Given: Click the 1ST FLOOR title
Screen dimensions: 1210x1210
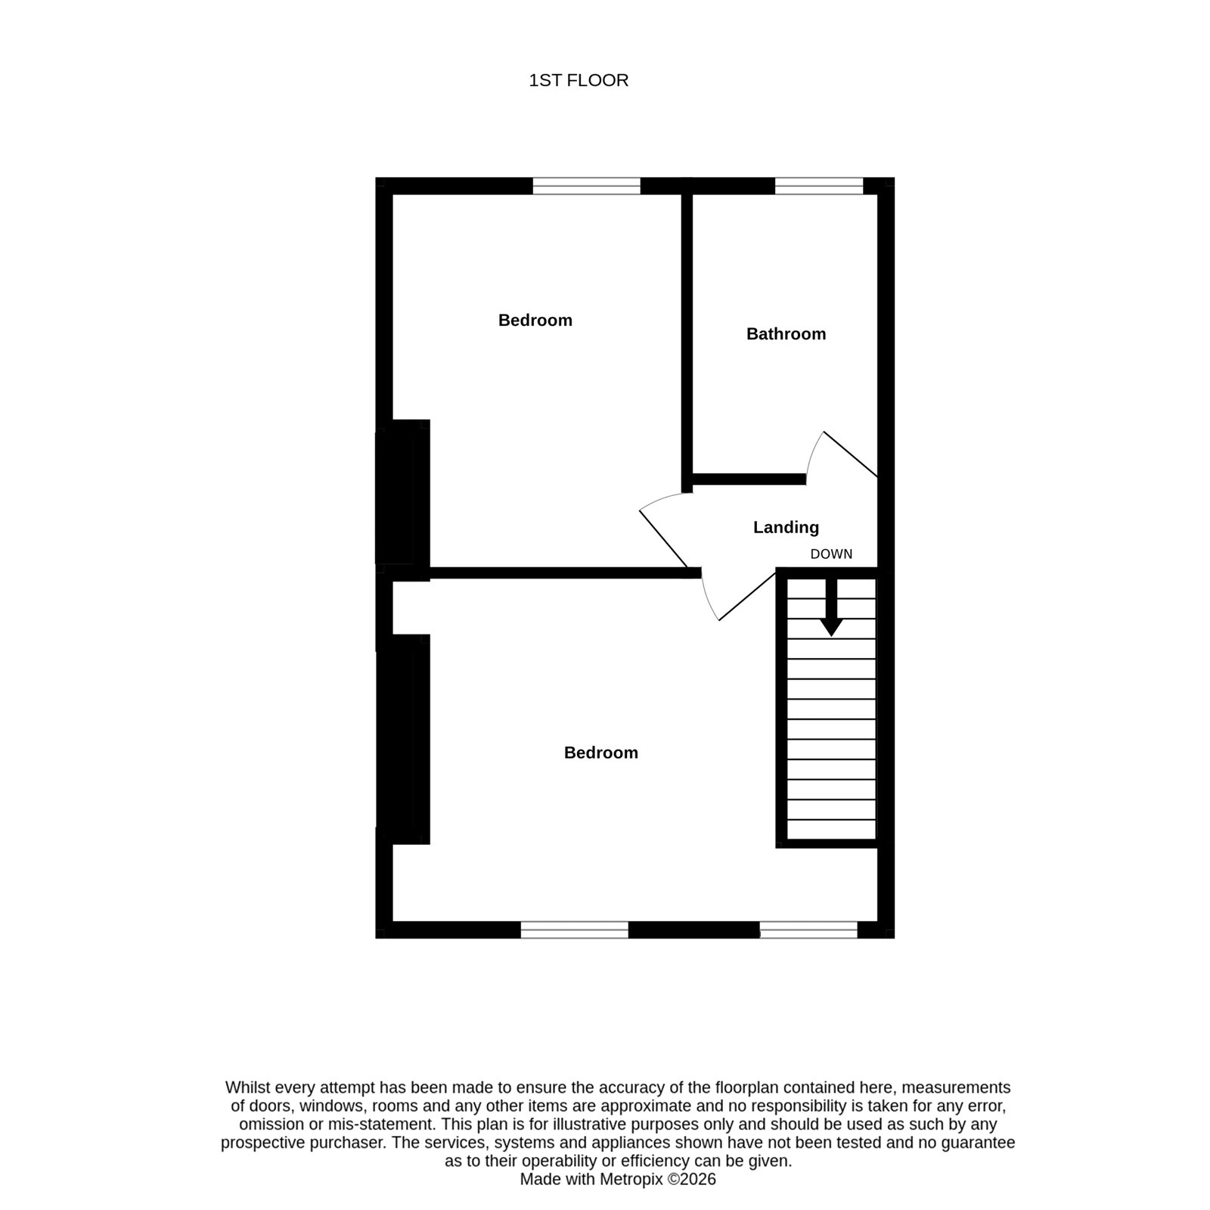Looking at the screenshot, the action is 579,80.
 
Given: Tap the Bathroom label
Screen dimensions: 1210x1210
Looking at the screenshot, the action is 786,334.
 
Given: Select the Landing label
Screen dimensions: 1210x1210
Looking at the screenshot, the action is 786,527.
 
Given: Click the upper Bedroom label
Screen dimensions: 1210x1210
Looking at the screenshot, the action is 535,320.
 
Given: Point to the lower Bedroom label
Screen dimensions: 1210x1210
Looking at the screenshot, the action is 601,752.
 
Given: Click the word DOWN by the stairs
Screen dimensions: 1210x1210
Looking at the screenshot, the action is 831,554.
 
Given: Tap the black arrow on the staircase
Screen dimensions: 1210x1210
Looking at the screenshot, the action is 832,607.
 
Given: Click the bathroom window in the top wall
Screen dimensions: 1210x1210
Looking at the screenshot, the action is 819,186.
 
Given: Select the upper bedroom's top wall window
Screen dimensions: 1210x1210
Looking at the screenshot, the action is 587,186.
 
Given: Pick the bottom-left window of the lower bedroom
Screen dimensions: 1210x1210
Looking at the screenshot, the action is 575,929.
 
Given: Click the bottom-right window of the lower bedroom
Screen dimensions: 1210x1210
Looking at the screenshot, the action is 808,929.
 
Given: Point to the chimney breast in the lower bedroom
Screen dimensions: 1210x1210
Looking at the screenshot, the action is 403,739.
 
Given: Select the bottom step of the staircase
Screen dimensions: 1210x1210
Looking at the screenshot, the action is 831,830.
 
